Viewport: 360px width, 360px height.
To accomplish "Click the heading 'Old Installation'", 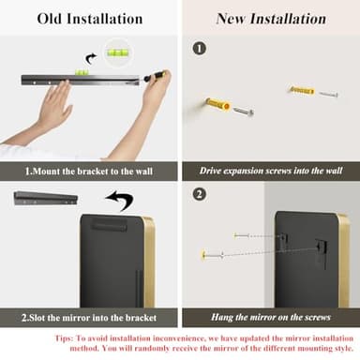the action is [x=90, y=19].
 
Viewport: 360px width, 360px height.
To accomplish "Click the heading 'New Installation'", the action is [x=271, y=19].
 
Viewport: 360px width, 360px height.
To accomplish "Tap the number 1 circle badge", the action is [x=200, y=49].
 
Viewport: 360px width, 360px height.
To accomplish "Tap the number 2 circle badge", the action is [x=200, y=194].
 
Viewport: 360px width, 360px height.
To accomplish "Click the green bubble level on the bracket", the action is [x=82, y=72].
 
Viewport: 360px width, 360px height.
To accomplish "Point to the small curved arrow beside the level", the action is [x=90, y=59].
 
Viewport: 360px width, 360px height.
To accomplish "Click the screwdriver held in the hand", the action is [x=154, y=76].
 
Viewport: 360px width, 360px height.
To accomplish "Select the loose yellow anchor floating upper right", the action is [x=301, y=90].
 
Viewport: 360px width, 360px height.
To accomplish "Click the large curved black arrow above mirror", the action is [x=120, y=200].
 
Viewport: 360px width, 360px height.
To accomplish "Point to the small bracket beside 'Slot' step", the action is [x=46, y=198].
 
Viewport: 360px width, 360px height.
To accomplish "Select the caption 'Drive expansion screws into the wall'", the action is [x=271, y=171].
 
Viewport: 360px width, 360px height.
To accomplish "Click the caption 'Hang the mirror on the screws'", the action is [x=271, y=317].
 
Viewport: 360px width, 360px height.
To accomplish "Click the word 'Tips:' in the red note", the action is [x=65, y=338].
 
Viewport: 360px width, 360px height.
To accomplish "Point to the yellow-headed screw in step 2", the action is [x=212, y=255].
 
